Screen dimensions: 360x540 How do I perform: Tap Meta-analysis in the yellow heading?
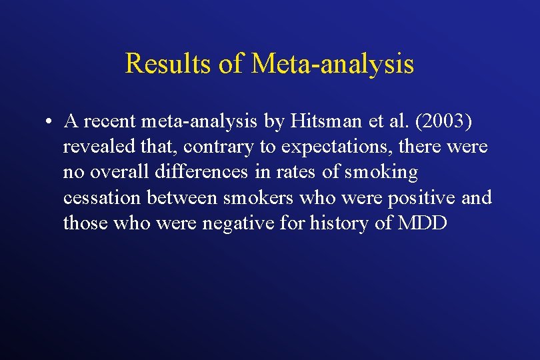333,64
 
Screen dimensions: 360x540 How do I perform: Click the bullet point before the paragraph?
50,122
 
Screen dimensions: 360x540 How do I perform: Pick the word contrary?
216,147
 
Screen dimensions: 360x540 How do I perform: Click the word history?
338,223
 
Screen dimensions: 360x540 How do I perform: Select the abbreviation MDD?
422,223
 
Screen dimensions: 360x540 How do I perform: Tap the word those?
85,223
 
